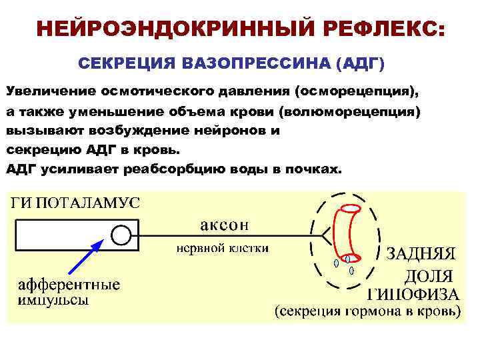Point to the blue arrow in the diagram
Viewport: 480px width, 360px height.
click(x=87, y=256)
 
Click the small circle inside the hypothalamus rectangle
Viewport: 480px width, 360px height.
click(x=120, y=235)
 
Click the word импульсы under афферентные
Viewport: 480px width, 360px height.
click(x=53, y=300)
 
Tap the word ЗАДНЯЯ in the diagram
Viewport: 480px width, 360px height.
click(x=420, y=253)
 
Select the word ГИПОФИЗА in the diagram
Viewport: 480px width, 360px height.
click(x=413, y=294)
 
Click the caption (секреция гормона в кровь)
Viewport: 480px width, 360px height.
click(x=367, y=311)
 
